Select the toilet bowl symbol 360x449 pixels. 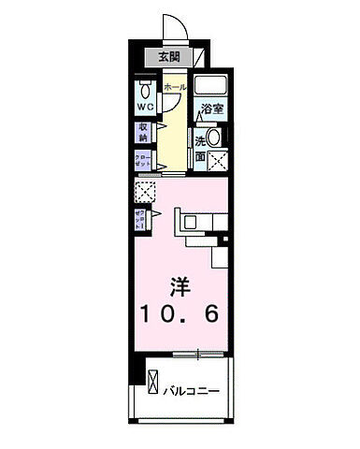pyautogui.click(x=145, y=92)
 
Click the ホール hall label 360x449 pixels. pyautogui.click(x=173, y=89)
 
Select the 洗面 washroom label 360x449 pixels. pyautogui.click(x=200, y=147)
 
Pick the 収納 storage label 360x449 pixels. pyautogui.click(x=144, y=131)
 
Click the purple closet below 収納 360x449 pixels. pyautogui.click(x=143, y=158)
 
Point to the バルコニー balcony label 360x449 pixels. pyautogui.click(x=194, y=388)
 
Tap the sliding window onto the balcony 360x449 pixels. pyautogui.click(x=199, y=353)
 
